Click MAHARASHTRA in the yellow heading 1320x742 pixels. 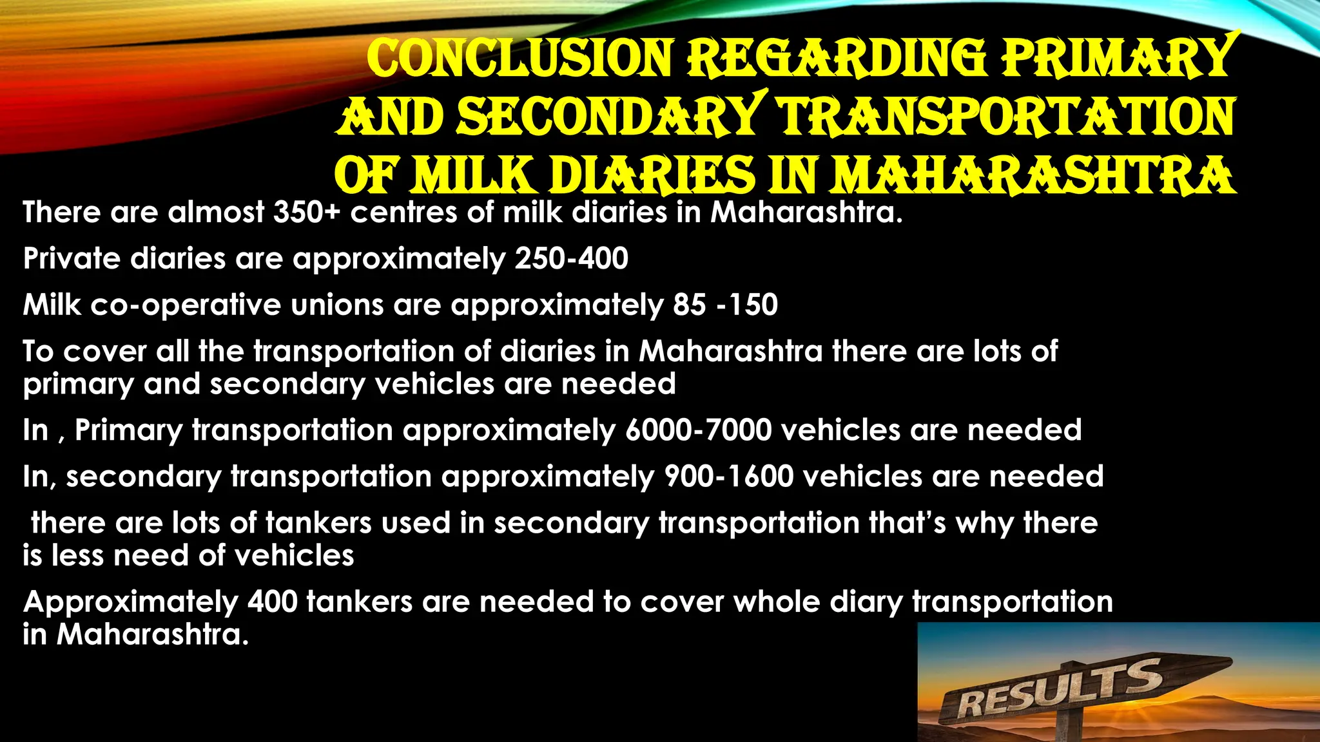pyautogui.click(x=1032, y=175)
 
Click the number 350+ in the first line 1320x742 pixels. pyautogui.click(x=306, y=212)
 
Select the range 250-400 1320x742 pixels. pyautogui.click(x=571, y=259)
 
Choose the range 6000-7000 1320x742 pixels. pyautogui.click(x=698, y=430)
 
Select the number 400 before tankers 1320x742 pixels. pyautogui.click(x=272, y=602)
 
